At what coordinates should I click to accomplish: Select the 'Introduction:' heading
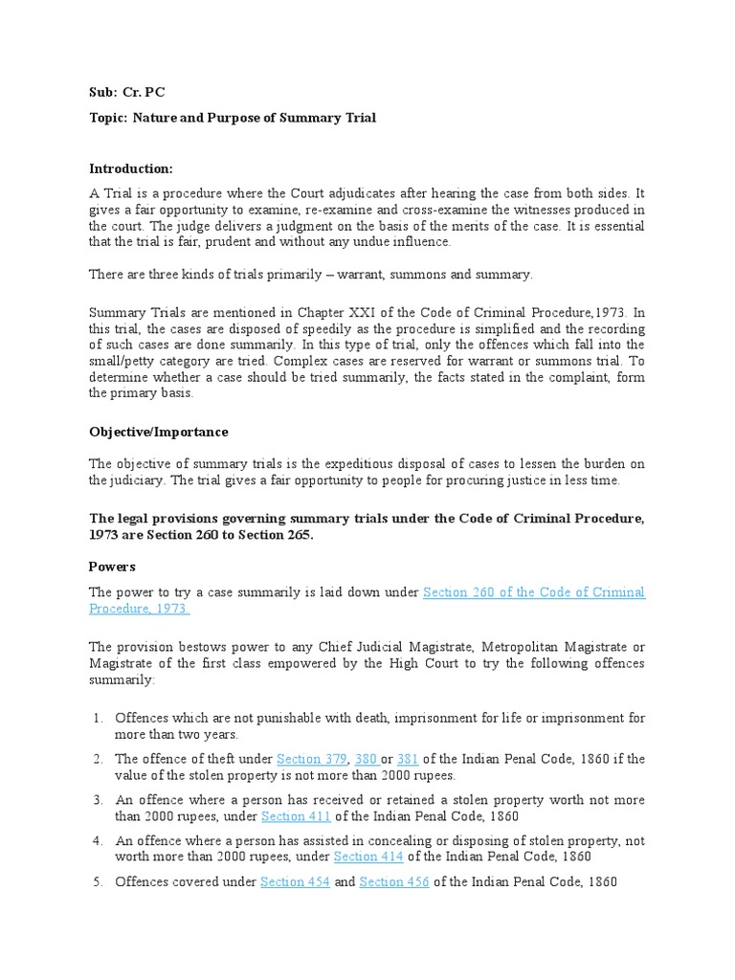pos(131,168)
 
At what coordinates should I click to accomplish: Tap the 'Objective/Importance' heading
pos(158,432)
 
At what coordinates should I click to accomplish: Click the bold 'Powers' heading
pos(112,566)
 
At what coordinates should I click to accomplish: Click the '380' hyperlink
pos(366,759)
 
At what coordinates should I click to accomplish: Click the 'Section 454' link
pos(295,882)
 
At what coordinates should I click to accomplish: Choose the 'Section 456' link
pos(394,882)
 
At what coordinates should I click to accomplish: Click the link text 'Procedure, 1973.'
pos(140,609)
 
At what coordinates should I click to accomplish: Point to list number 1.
pos(99,718)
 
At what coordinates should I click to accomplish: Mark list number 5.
pos(99,882)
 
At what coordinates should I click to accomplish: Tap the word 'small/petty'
pos(123,360)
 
